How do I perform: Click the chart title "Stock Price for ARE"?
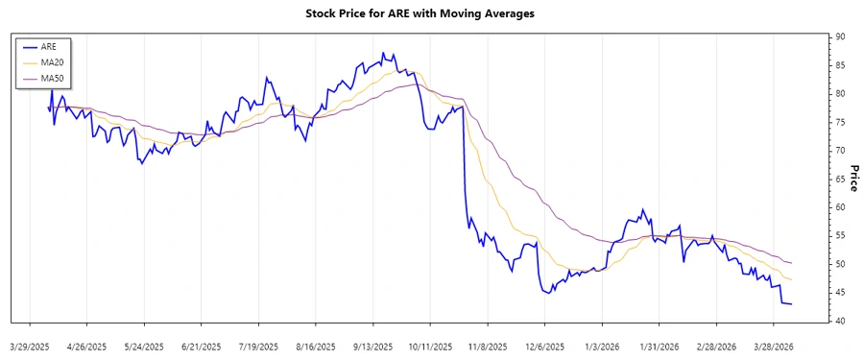click(432, 13)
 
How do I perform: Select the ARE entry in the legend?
click(48, 45)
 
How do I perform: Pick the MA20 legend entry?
click(52, 61)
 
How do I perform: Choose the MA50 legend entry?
click(52, 78)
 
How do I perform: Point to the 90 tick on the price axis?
click(840, 37)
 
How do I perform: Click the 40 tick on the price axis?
click(840, 321)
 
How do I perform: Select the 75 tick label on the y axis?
click(840, 123)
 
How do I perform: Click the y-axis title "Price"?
click(852, 179)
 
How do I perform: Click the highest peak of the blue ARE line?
click(382, 53)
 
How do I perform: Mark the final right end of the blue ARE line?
click(791, 304)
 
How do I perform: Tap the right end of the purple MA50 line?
click(791, 263)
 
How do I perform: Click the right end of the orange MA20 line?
click(791, 279)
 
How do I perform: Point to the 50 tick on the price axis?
click(840, 264)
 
